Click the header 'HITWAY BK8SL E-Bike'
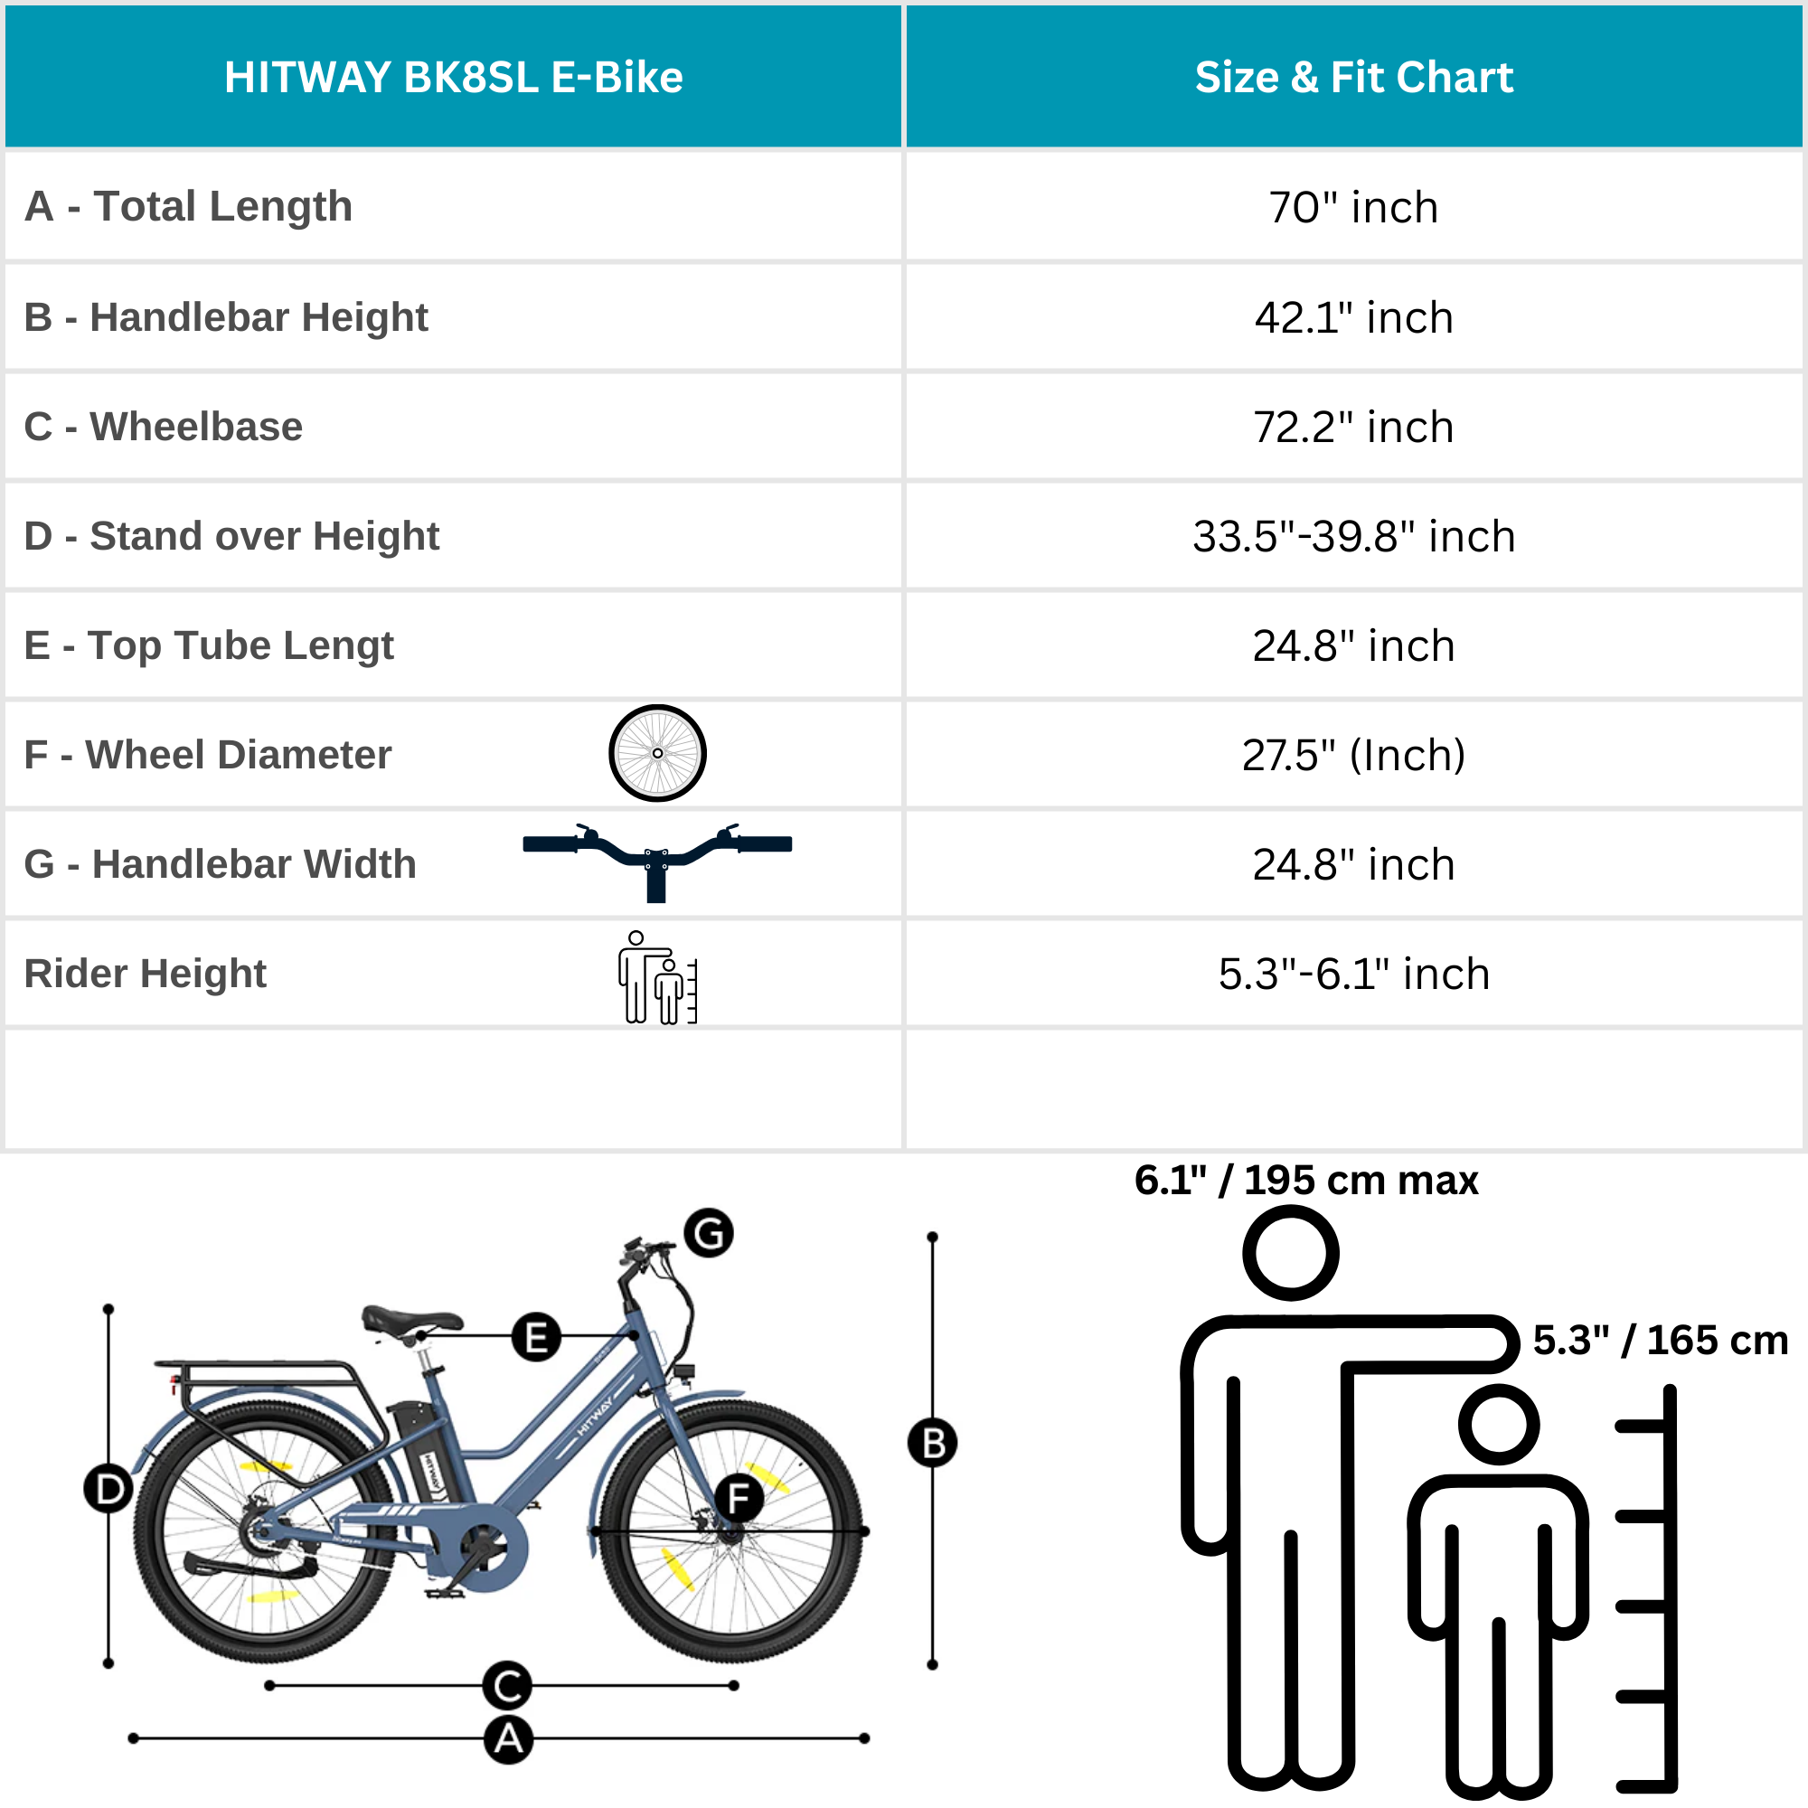pos(453,77)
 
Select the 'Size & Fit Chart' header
pos(1353,77)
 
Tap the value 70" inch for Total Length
pos(1353,207)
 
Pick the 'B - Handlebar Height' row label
pos(225,317)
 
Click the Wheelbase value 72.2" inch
pos(1353,427)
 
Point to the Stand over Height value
pos(1353,536)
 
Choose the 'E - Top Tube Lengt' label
pos(209,645)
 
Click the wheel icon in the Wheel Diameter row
pos(657,753)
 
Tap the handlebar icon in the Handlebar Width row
pos(657,856)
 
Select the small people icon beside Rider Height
pos(657,977)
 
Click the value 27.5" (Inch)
pos(1353,755)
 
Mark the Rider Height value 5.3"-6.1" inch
pos(1353,975)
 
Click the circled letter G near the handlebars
pos(709,1233)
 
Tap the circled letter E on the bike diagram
pos(536,1336)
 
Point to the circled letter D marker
pos(108,1489)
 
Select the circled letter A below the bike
pos(508,1739)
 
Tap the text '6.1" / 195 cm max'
pos(1306,1180)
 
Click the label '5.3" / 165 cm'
pos(1660,1340)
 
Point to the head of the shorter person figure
pos(1499,1426)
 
